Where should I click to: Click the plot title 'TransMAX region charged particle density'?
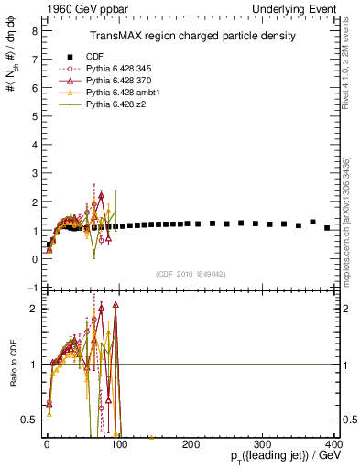(x=191, y=36)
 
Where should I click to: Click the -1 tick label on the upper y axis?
(x=32, y=288)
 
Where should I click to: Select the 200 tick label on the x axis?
(x=191, y=443)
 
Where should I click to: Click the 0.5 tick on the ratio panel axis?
(x=29, y=420)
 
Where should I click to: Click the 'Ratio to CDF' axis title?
(x=12, y=364)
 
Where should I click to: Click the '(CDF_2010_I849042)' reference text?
(x=191, y=273)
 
